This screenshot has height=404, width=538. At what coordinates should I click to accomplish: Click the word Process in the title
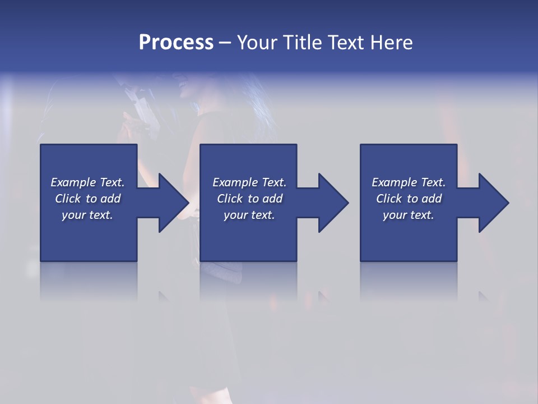pos(176,43)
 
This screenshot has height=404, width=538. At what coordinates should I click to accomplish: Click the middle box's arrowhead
pos(334,203)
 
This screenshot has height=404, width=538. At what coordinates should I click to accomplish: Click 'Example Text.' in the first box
pos(88,182)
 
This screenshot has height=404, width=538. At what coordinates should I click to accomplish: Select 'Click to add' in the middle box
pos(249,199)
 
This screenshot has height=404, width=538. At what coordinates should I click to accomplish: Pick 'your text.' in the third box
pos(409,215)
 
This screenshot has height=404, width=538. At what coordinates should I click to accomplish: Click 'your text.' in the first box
pos(88,215)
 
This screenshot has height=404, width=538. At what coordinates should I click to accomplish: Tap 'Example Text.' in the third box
pos(409,182)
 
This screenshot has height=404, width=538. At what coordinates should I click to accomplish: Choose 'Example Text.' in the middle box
pos(249,182)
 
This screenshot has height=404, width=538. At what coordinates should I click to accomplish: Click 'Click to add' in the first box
pos(88,199)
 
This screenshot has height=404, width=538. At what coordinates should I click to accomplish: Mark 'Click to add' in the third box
pos(409,199)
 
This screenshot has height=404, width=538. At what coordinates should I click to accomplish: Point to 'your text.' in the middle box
pos(249,215)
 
